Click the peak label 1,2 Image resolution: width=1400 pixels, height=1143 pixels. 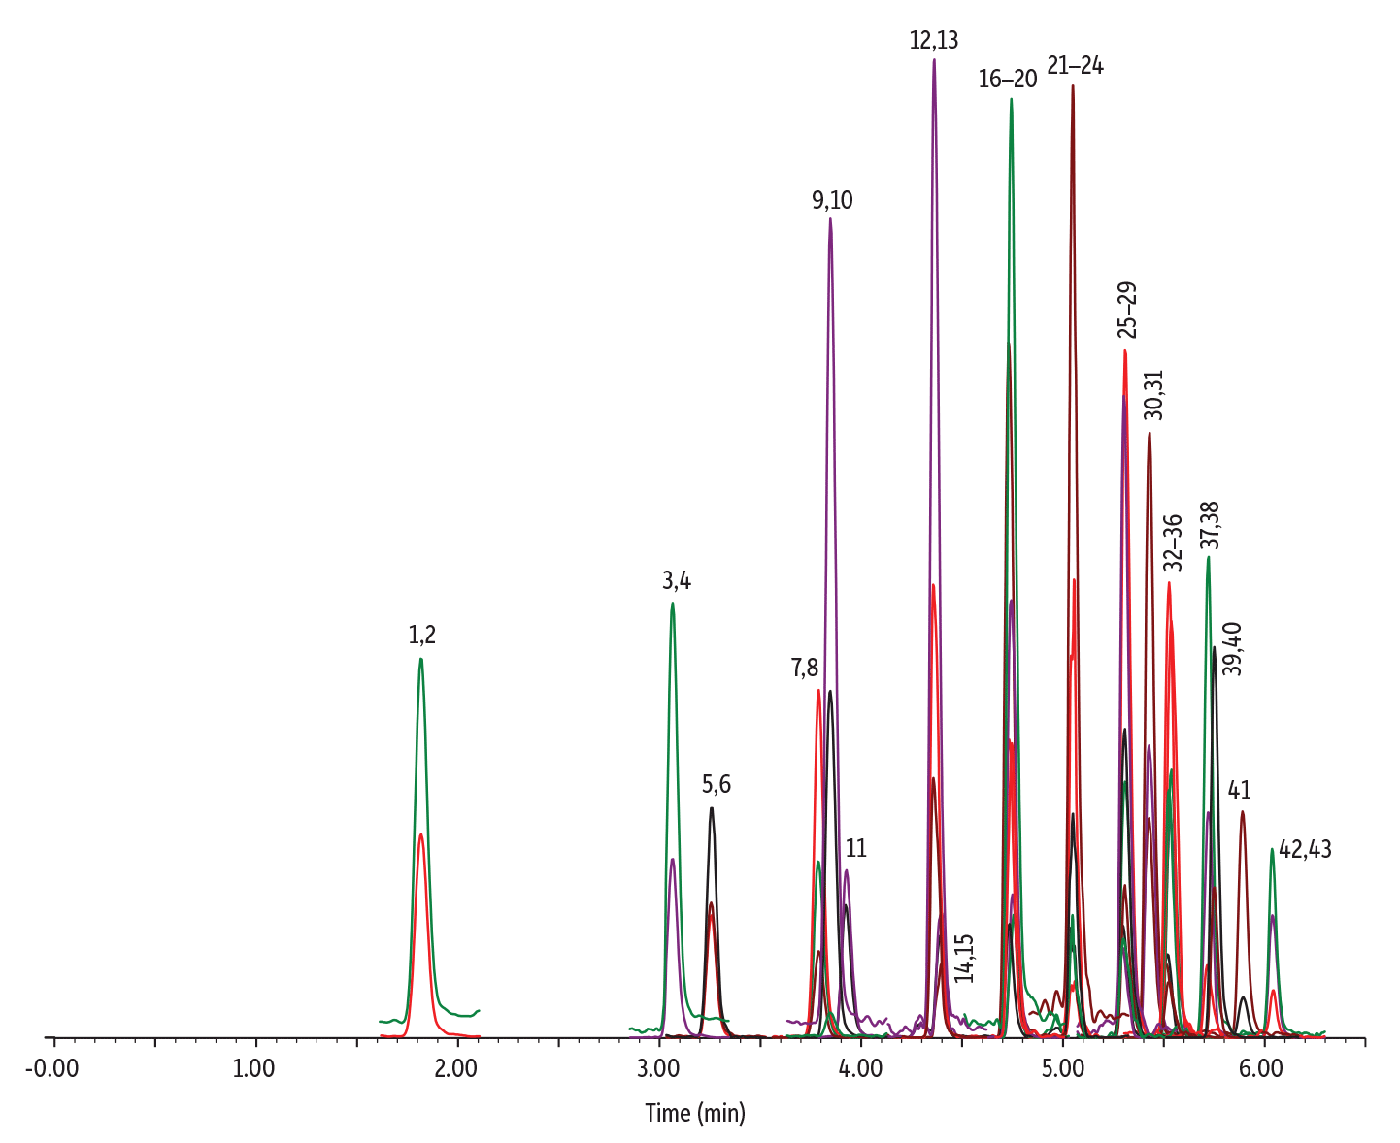[421, 636]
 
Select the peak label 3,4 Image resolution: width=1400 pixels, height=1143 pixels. [677, 581]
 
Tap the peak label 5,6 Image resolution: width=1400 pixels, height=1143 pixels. [717, 785]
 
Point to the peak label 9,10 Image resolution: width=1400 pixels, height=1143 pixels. [832, 201]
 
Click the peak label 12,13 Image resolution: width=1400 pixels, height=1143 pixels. [934, 41]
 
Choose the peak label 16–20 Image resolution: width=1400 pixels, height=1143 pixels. [1008, 80]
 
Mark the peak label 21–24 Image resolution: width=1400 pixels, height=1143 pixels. [1075, 67]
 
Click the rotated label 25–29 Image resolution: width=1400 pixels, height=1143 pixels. [1127, 310]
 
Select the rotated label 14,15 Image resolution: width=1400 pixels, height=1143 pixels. [964, 959]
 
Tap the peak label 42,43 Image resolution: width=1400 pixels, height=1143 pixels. [1305, 850]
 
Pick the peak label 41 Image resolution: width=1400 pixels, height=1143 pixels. [1239, 791]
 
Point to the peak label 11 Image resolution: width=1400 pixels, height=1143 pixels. [855, 849]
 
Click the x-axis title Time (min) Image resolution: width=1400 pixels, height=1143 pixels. [695, 1112]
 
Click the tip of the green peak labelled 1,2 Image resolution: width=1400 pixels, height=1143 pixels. [420, 659]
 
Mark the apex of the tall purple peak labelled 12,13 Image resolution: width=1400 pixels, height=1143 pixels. [934, 59]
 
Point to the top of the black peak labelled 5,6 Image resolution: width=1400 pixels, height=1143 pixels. [712, 807]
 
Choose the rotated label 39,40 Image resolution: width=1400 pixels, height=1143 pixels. [1231, 649]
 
